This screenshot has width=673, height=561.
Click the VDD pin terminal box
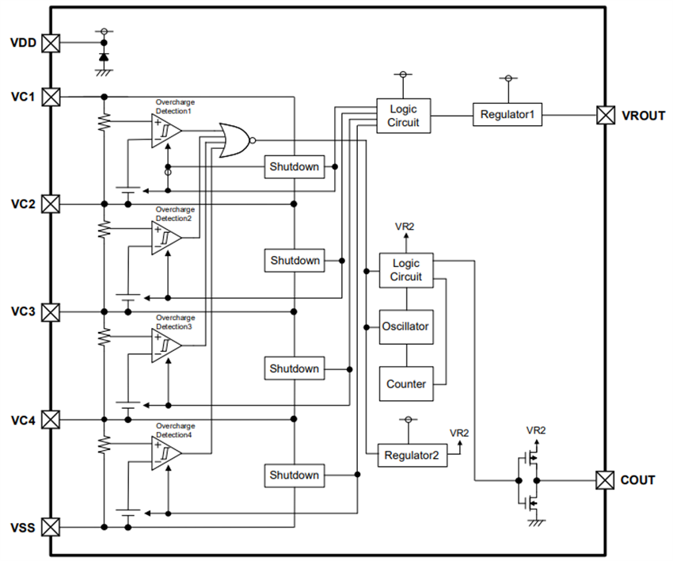51,43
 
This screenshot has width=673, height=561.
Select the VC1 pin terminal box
51,97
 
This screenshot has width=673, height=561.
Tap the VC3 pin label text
22,311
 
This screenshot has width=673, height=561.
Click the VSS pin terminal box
51,526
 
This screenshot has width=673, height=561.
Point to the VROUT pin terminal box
606,115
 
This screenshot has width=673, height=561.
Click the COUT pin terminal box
606,479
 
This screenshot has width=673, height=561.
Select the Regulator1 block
508,115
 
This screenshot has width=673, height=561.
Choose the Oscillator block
405,326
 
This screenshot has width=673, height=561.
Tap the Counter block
405,384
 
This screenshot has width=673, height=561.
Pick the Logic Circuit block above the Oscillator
405,270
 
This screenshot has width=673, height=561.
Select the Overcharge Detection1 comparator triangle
165,131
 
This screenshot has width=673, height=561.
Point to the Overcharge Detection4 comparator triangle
165,454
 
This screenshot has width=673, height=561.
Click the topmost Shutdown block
295,166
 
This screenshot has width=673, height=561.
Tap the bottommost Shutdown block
295,475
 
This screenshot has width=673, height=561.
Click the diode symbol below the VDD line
103,59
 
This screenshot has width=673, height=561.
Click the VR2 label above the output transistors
536,429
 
